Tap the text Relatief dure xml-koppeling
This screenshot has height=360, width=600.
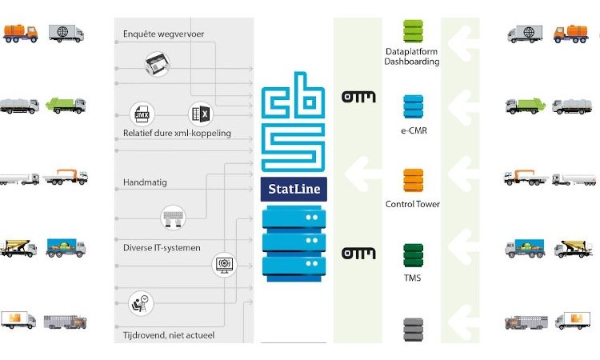point(177,134)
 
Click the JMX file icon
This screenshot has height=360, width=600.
point(142,115)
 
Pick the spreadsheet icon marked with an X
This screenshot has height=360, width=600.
point(200,115)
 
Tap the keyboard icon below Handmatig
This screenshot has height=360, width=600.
point(171,215)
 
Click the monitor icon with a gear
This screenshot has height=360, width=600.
point(223,265)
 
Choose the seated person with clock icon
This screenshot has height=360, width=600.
point(140,303)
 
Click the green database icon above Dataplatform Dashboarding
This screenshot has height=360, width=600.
point(413,31)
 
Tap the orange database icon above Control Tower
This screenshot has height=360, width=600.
point(413,179)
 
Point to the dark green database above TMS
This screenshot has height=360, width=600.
point(413,254)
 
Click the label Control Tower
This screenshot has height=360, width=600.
point(413,204)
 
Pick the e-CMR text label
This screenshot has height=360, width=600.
point(413,130)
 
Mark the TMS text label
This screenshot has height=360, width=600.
point(413,278)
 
